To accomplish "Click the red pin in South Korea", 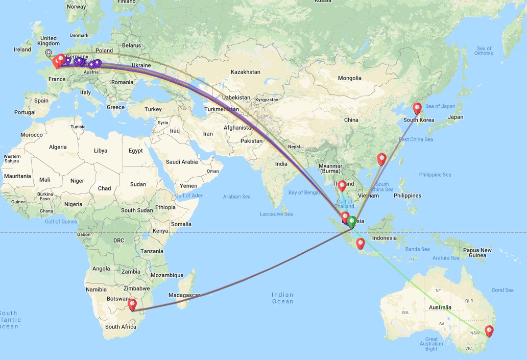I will (417, 108).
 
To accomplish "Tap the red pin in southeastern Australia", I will (489, 331).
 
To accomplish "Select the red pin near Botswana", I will (132, 305).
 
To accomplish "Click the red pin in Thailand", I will (342, 186).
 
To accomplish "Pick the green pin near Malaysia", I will (351, 222).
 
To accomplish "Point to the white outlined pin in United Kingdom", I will (49, 53).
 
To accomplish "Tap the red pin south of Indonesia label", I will (361, 244).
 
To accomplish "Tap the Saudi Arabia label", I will (182, 162).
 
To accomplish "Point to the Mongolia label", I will (349, 78).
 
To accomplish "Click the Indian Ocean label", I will (282, 298).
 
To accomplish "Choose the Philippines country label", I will (408, 196).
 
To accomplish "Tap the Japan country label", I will (455, 117).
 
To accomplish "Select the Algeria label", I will (58, 147).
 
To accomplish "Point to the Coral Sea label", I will (502, 290).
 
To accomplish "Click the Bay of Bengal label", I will (303, 193).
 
